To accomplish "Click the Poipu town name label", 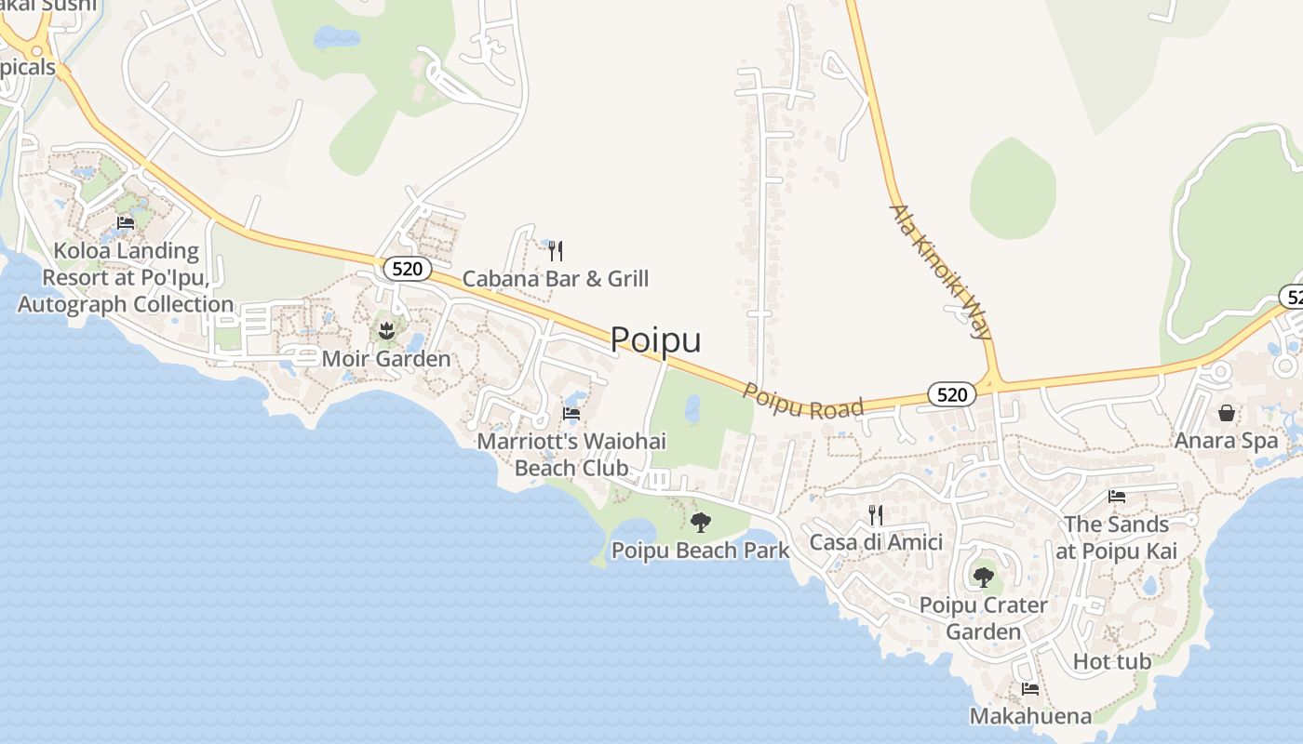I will pyautogui.click(x=655, y=340).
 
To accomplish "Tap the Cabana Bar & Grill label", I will pyautogui.click(x=556, y=278).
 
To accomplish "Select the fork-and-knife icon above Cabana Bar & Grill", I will pyautogui.click(x=556, y=250).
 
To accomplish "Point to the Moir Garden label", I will pyautogui.click(x=385, y=358).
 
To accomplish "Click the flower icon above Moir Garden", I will pyautogui.click(x=386, y=329).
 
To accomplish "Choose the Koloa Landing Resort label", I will pyautogui.click(x=126, y=277).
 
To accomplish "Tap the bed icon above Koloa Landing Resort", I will pyautogui.click(x=126, y=223).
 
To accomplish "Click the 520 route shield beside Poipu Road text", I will pyautogui.click(x=951, y=395).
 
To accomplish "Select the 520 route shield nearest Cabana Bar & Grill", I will pyautogui.click(x=408, y=270).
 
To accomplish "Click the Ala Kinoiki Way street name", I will pyautogui.click(x=941, y=271).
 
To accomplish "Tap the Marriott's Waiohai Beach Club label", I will pyautogui.click(x=571, y=455).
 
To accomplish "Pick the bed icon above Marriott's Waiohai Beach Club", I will pyautogui.click(x=571, y=414).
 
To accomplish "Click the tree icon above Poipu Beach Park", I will pyautogui.click(x=701, y=522).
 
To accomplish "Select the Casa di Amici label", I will pyautogui.click(x=876, y=542).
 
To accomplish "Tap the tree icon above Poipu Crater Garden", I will pyautogui.click(x=983, y=578).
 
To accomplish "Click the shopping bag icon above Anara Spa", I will pyautogui.click(x=1227, y=412).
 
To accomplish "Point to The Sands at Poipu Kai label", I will pyautogui.click(x=1116, y=538).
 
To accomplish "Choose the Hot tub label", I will pyautogui.click(x=1112, y=662).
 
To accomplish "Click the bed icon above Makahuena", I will pyautogui.click(x=1030, y=689).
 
